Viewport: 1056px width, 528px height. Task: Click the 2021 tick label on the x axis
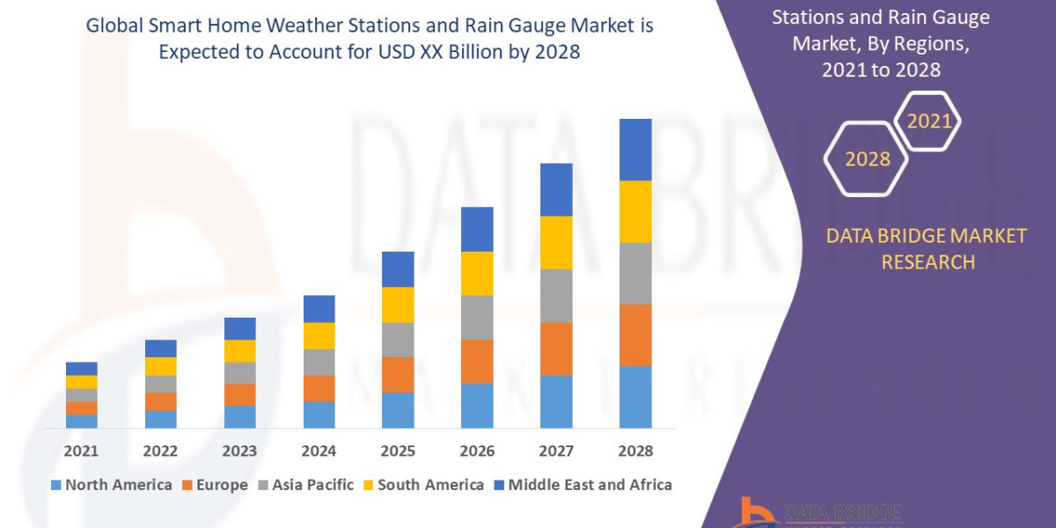pos(81,451)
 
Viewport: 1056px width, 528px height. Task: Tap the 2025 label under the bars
pos(398,451)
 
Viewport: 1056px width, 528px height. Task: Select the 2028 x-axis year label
pos(635,451)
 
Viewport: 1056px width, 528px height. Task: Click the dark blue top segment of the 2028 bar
pos(635,150)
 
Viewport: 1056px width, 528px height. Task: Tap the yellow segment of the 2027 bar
pos(556,242)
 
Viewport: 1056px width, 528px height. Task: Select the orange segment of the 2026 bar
pos(477,361)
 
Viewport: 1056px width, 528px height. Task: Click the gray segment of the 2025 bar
pos(398,339)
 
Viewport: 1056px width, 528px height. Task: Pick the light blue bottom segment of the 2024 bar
pos(319,414)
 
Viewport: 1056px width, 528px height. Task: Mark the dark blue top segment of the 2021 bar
pos(81,368)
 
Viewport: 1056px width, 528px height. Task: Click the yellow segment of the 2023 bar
pos(239,350)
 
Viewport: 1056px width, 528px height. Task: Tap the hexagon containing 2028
pos(867,159)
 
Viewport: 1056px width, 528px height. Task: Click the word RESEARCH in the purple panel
pos(928,261)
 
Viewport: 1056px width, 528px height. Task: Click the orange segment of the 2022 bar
pos(160,401)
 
